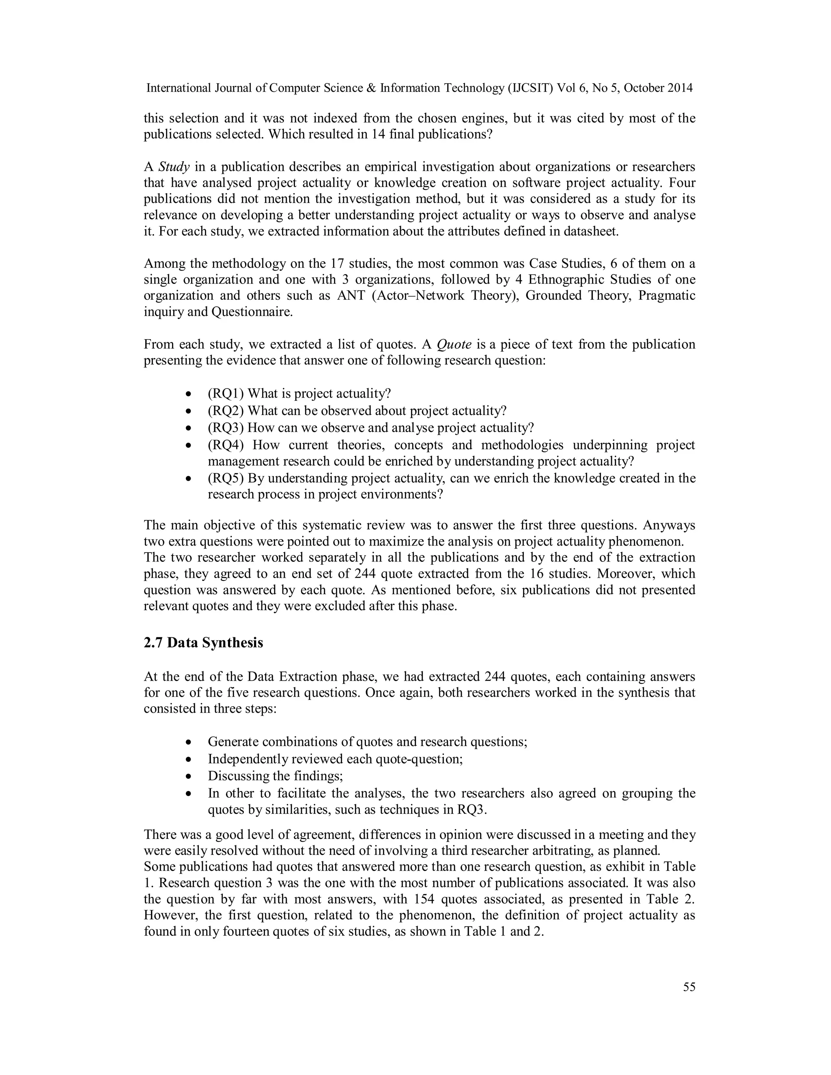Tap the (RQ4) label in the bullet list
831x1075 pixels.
click(226, 445)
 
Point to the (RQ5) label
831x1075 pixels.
click(226, 478)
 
